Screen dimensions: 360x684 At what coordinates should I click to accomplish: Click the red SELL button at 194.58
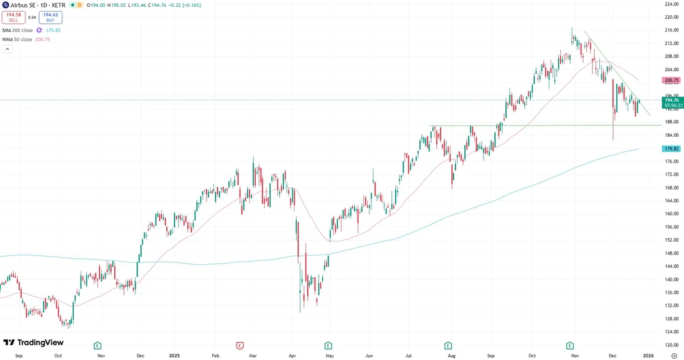[x=14, y=18]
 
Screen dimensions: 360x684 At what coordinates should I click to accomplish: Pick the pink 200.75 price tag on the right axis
[x=671, y=80]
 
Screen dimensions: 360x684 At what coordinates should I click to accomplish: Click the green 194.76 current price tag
[x=671, y=100]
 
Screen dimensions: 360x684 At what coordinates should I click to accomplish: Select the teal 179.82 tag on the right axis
[x=671, y=149]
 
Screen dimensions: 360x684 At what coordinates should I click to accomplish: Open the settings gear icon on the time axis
[x=674, y=356]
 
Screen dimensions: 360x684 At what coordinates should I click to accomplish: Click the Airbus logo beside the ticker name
[x=6, y=5]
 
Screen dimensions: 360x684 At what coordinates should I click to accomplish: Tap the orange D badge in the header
[x=79, y=5]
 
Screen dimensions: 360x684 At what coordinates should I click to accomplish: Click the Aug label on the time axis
[x=451, y=356]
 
